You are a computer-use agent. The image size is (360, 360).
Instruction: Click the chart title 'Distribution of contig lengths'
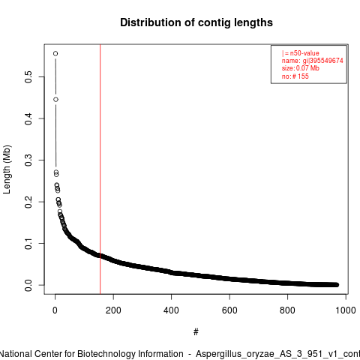pos(196,22)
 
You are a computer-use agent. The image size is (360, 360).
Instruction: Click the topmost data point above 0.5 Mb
pos(55,53)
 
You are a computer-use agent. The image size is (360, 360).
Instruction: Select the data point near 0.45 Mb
pos(55,100)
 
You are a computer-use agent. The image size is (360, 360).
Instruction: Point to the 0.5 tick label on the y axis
pos(28,76)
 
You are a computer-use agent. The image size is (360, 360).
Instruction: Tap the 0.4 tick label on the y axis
pos(28,118)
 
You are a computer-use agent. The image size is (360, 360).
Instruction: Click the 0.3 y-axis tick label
pos(28,160)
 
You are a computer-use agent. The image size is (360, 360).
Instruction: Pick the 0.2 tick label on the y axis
pos(28,202)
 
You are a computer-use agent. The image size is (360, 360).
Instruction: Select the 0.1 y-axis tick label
pos(28,244)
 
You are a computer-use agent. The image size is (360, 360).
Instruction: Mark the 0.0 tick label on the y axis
pos(28,285)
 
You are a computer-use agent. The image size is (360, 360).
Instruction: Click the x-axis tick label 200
pos(113,310)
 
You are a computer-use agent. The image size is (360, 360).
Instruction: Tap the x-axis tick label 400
pos(171,310)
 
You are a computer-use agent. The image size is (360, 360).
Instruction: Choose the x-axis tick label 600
pos(229,310)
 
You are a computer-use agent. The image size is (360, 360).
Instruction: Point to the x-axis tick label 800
pos(287,310)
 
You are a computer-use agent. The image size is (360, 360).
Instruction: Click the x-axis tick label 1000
pos(346,310)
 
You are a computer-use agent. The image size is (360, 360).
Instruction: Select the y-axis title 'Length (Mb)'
pos(7,169)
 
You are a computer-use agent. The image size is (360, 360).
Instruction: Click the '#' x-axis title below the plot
pos(196,332)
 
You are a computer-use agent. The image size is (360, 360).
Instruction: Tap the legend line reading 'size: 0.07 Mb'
pos(301,68)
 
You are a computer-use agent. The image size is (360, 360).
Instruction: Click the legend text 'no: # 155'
pos(295,76)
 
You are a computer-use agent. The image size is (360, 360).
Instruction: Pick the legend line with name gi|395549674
pos(313,61)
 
